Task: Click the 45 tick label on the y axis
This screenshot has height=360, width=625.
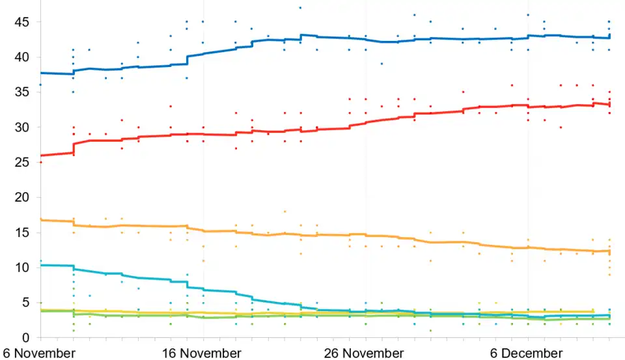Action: point(23,22)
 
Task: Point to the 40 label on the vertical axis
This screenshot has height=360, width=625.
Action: point(23,57)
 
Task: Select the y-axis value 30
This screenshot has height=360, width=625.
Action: point(23,127)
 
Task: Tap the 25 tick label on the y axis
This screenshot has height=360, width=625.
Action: point(23,162)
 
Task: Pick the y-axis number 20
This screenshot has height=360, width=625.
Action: point(23,197)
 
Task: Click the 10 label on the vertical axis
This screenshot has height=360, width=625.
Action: point(23,268)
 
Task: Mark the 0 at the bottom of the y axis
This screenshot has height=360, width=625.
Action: point(27,337)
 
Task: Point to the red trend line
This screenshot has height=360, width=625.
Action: point(326,129)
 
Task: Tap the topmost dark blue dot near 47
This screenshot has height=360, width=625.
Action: point(300,8)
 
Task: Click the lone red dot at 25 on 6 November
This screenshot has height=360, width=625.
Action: point(40,162)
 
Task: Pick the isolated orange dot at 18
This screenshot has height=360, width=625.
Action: point(285,212)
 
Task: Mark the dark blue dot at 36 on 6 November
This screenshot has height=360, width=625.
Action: point(40,85)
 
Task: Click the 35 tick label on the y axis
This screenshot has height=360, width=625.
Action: point(23,92)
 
